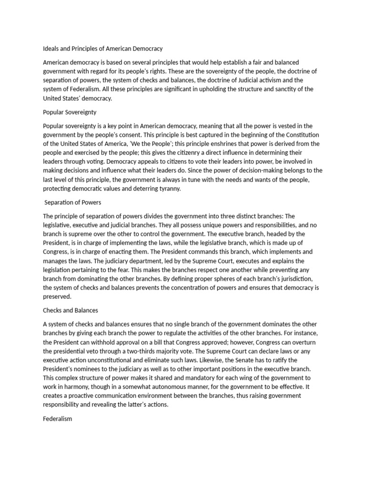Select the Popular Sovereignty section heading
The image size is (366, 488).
pos(70,112)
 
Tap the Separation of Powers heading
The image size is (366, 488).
pos(73,203)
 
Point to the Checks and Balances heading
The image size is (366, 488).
pos(71,310)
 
